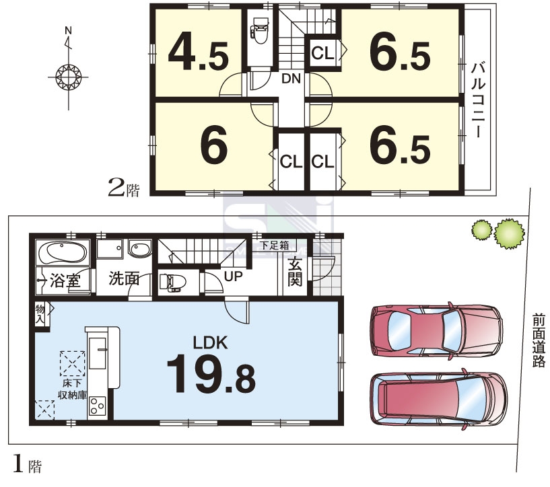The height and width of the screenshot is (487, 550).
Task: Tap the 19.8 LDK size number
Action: [211, 373]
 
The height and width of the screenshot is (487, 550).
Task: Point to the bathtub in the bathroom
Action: [63, 253]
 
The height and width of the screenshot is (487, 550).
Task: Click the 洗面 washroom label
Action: [124, 278]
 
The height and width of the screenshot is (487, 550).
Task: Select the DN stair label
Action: [291, 79]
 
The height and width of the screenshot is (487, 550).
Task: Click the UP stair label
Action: [233, 276]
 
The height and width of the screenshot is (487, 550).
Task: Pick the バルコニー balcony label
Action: [478, 100]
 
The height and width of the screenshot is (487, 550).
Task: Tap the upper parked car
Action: [437, 331]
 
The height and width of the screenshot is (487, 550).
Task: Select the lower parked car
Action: [438, 398]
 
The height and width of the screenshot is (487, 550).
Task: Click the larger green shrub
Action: [509, 233]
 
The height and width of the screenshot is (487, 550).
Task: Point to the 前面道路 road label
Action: [539, 340]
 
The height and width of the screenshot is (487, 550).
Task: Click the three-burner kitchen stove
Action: [97, 406]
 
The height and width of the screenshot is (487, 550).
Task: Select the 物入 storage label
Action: [40, 314]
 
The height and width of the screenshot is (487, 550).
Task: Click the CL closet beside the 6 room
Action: [291, 162]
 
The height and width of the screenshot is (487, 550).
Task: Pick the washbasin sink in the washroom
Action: [139, 249]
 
